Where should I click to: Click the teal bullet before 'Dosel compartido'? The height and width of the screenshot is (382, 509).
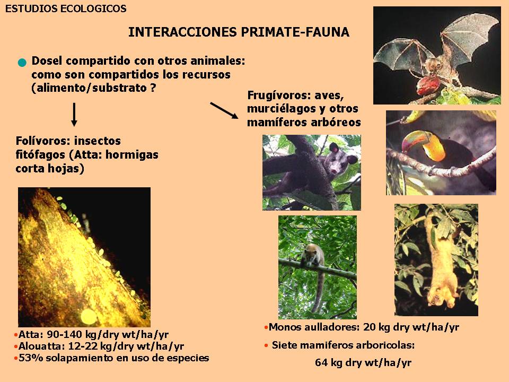[x=22, y=63]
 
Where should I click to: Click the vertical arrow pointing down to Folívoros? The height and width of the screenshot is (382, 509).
[x=74, y=115]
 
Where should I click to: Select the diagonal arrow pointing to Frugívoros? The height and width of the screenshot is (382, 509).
[x=224, y=110]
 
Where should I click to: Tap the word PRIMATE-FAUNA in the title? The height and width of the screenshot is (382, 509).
[x=295, y=32]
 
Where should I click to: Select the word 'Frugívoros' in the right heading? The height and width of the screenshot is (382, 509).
[x=277, y=95]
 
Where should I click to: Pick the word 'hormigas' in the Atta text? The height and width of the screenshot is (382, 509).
[x=132, y=154]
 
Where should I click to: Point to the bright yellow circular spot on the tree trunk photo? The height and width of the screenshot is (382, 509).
[x=89, y=317]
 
